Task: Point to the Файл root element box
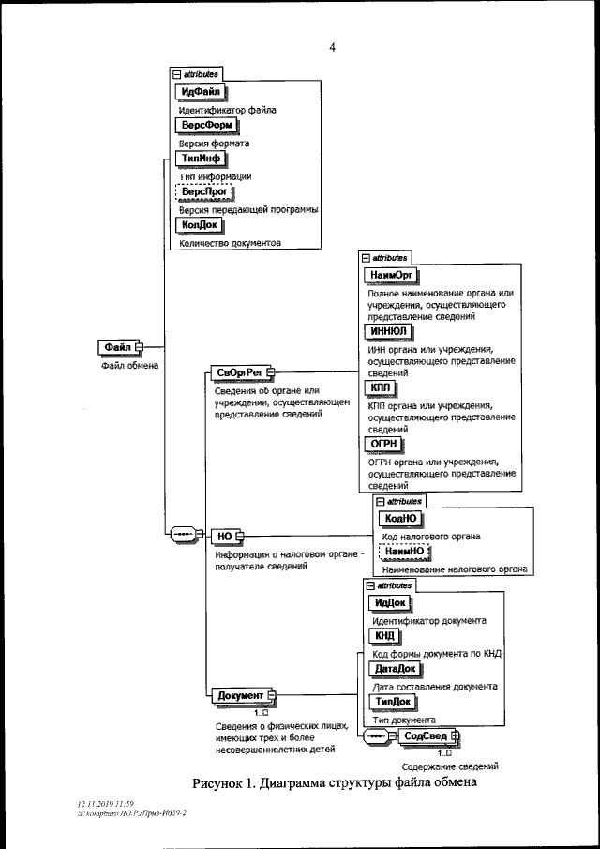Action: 117,347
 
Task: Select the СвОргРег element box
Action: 236,373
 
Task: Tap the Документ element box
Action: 240,695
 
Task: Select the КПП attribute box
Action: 380,387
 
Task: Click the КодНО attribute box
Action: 402,518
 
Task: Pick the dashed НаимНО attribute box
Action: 403,551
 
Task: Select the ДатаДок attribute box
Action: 394,668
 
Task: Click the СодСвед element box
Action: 426,735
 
